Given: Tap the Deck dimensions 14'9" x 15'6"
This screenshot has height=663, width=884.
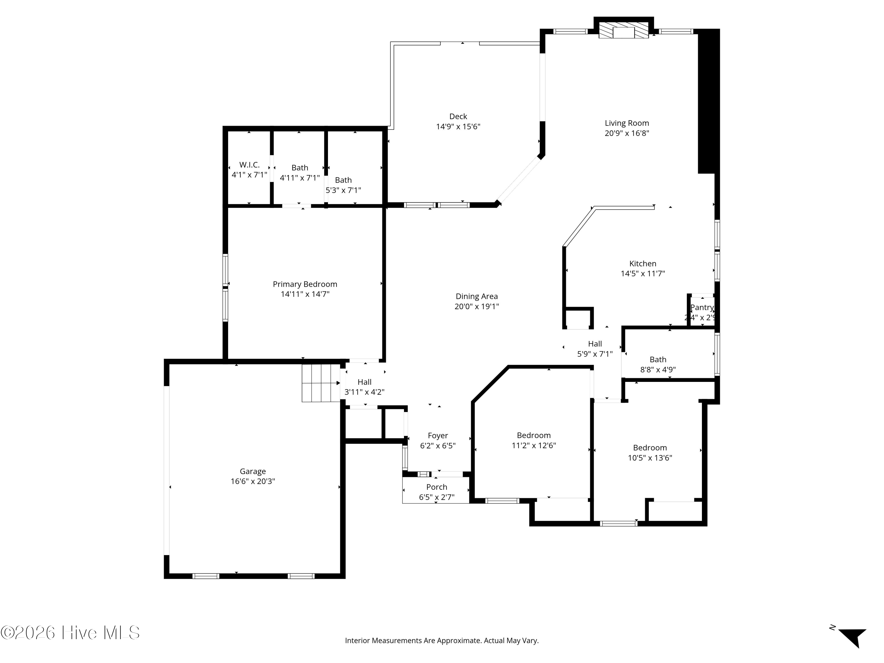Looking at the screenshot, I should (458, 127).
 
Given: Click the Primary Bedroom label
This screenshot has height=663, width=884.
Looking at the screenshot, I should (305, 284).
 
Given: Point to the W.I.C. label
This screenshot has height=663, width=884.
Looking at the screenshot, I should (249, 165).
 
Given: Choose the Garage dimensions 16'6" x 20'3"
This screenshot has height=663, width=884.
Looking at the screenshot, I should (253, 481).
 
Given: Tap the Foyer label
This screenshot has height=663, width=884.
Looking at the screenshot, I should (438, 436).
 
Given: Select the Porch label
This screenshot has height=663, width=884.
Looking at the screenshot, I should (436, 487).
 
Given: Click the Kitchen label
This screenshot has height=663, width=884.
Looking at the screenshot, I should (643, 264).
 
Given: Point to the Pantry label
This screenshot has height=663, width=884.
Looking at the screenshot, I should (702, 307).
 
